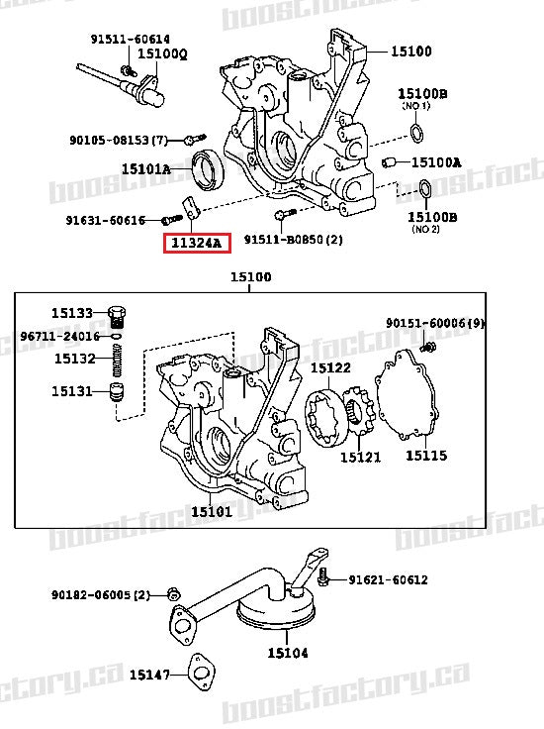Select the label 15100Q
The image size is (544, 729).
click(161, 54)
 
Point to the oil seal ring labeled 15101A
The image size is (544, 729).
click(208, 167)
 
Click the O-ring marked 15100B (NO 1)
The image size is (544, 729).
click(418, 134)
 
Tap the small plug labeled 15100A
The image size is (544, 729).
click(389, 161)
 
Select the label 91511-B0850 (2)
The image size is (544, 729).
click(293, 240)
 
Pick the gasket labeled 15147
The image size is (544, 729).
click(204, 674)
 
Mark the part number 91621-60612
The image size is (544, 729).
click(387, 579)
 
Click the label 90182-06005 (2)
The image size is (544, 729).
click(101, 594)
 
